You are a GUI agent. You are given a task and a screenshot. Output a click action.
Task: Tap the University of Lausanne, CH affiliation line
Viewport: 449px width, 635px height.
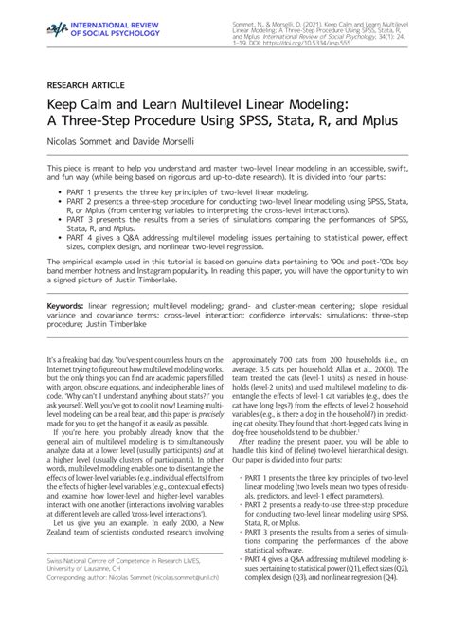tap(84, 600)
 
